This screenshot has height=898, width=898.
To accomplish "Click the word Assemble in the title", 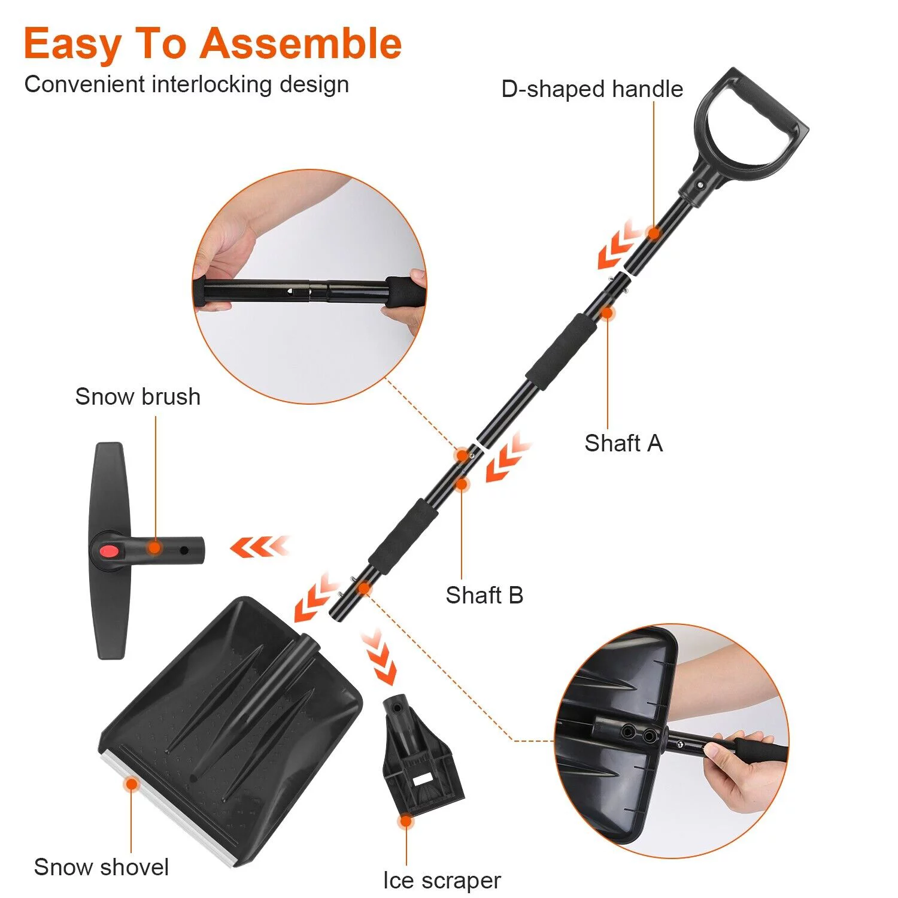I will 301,44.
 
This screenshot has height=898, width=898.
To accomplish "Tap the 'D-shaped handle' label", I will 592,89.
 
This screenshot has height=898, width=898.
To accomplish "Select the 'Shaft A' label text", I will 623,444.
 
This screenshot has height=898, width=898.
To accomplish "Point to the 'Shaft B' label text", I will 484,596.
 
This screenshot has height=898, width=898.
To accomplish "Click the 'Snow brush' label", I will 138,397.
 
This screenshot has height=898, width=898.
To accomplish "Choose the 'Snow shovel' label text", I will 101,867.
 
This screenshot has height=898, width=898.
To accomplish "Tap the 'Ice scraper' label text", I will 442,881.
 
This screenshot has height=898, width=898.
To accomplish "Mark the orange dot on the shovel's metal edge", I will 131,784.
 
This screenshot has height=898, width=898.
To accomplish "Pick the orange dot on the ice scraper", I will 406,821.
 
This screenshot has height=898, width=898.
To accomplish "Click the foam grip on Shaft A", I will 561,351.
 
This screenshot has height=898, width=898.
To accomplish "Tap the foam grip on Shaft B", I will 402,537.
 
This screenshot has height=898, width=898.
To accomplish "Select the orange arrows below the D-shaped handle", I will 620,247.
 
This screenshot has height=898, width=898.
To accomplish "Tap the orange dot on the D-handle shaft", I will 654,233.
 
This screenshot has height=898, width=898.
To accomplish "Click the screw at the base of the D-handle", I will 700,186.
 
